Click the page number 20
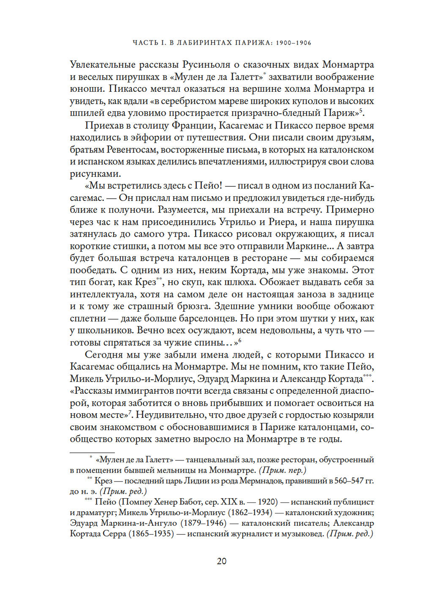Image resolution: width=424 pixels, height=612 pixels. [x=221, y=561]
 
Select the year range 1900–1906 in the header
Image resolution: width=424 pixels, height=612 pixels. [x=293, y=43]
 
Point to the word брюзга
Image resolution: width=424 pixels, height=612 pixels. [x=191, y=306]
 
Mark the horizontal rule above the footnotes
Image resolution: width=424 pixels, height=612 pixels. [x=92, y=453]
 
